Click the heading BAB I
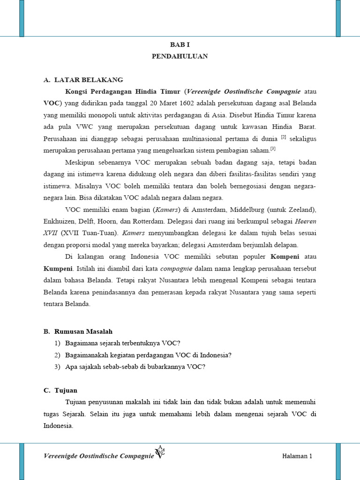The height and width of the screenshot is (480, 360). [x=180, y=45]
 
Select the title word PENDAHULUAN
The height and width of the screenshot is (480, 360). [x=180, y=56]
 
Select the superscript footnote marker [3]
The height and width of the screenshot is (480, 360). [x=273, y=149]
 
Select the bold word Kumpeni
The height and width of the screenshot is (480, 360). [x=58, y=269]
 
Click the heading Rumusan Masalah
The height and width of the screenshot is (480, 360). [x=83, y=331]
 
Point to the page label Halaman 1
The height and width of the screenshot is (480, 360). [x=297, y=456]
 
